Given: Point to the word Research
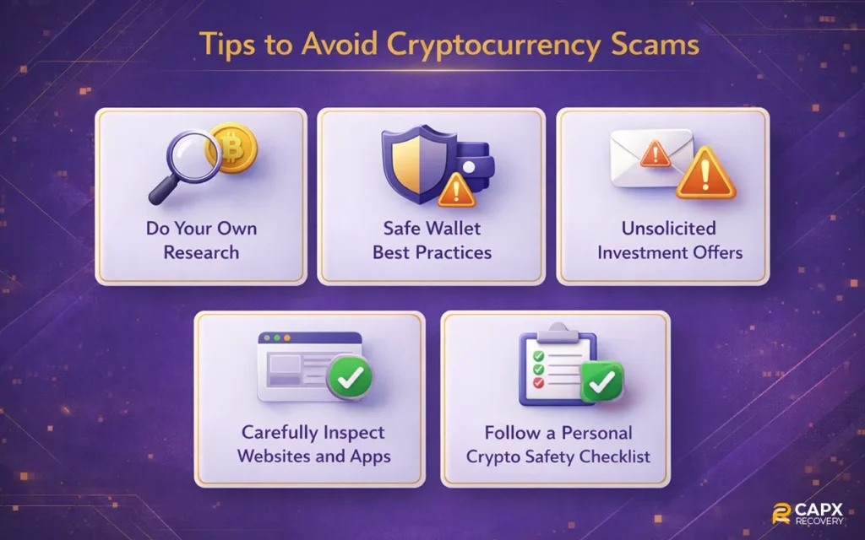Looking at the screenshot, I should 201,252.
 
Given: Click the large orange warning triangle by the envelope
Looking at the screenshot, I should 706,173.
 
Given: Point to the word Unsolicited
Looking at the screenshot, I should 668,229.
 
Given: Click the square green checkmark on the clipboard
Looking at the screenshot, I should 602,382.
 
